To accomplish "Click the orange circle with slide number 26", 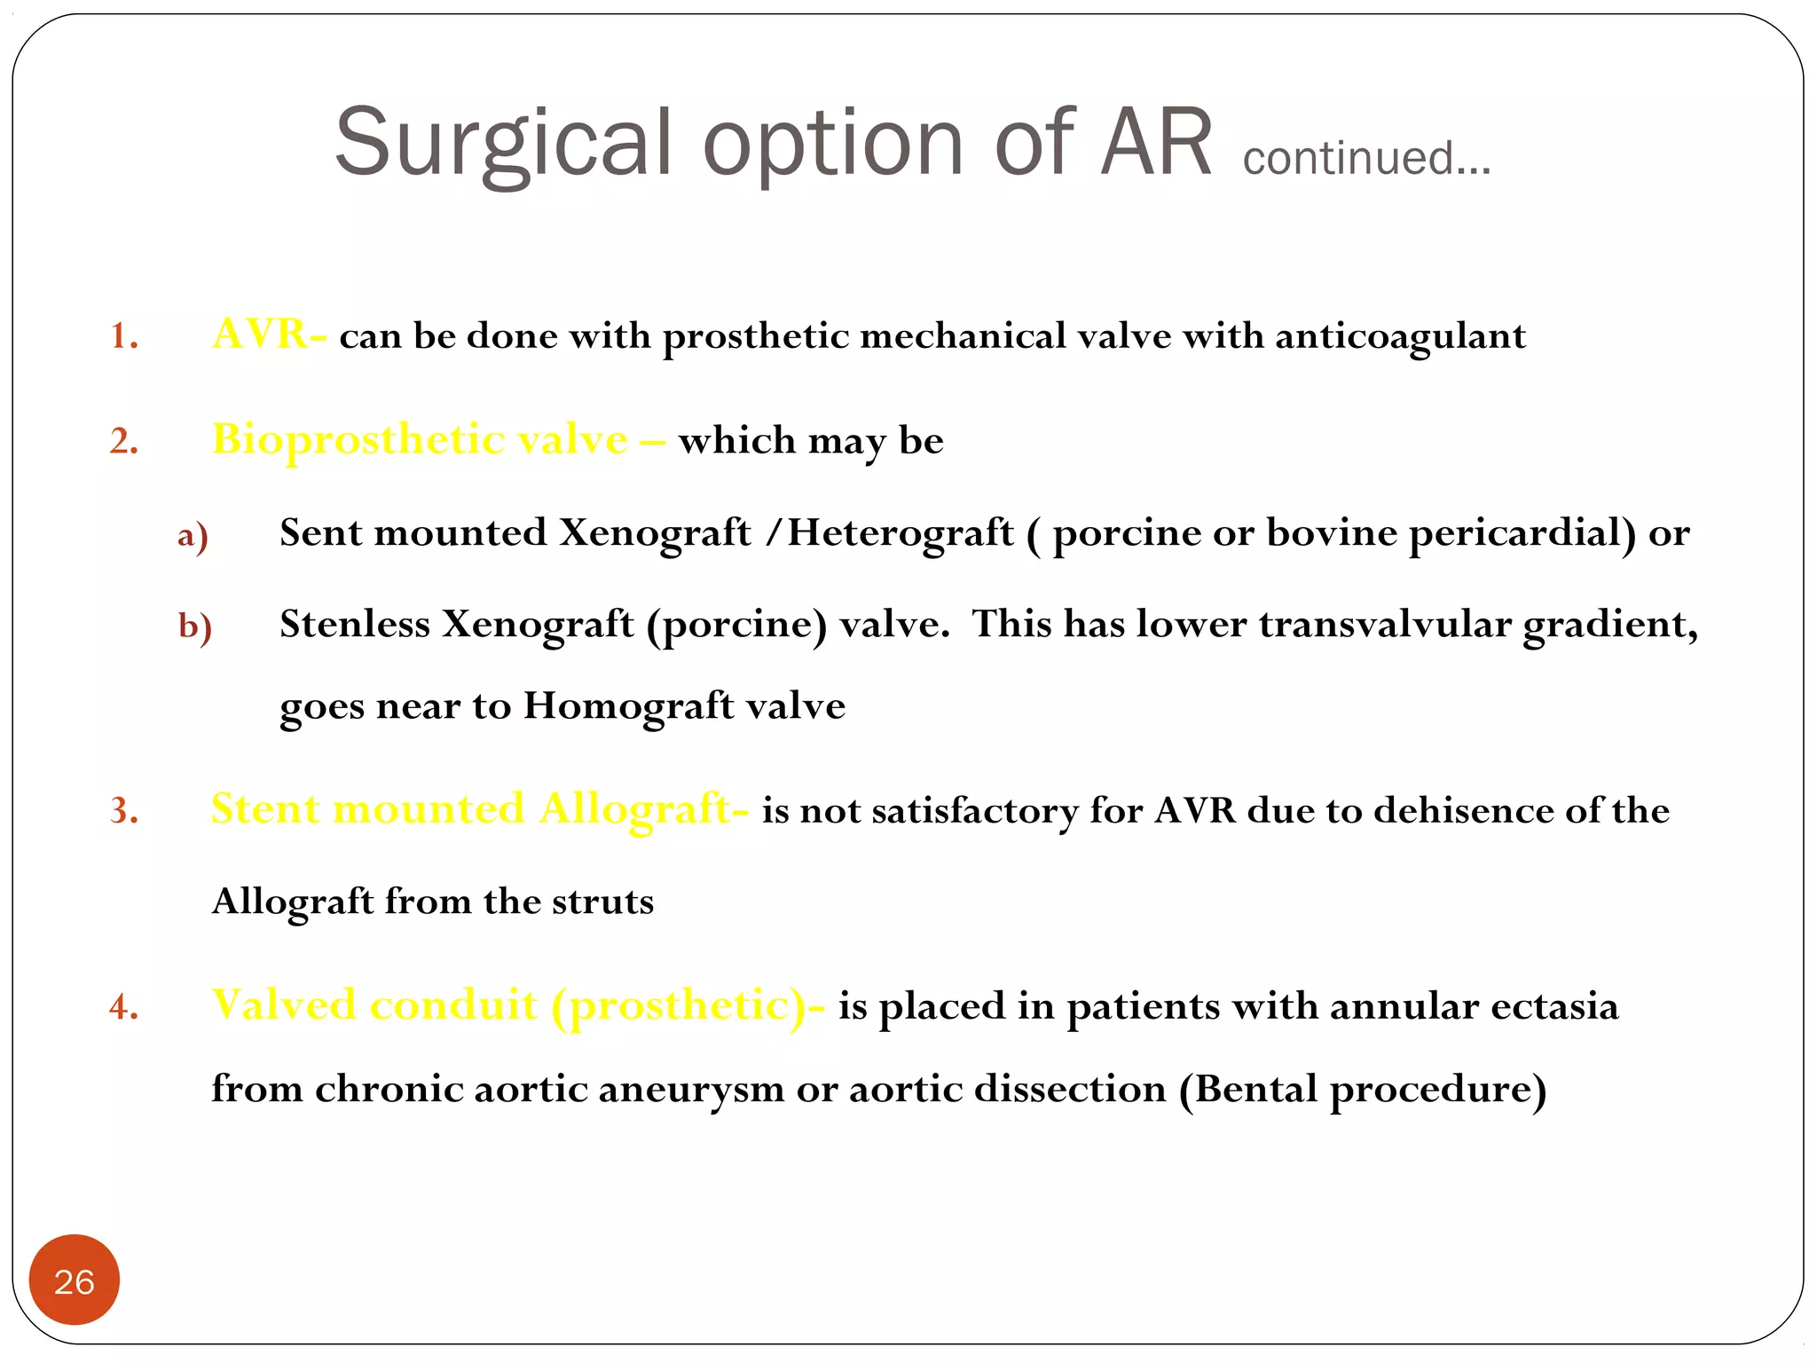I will coord(75,1280).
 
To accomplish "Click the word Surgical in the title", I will coord(502,144).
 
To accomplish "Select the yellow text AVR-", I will coord(269,335).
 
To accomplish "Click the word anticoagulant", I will coord(1400,337).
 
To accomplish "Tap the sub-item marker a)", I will coord(193,536).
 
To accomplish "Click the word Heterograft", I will coord(901,533).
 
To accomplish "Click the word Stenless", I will coord(355,624).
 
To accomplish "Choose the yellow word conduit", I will coord(453,1006).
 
